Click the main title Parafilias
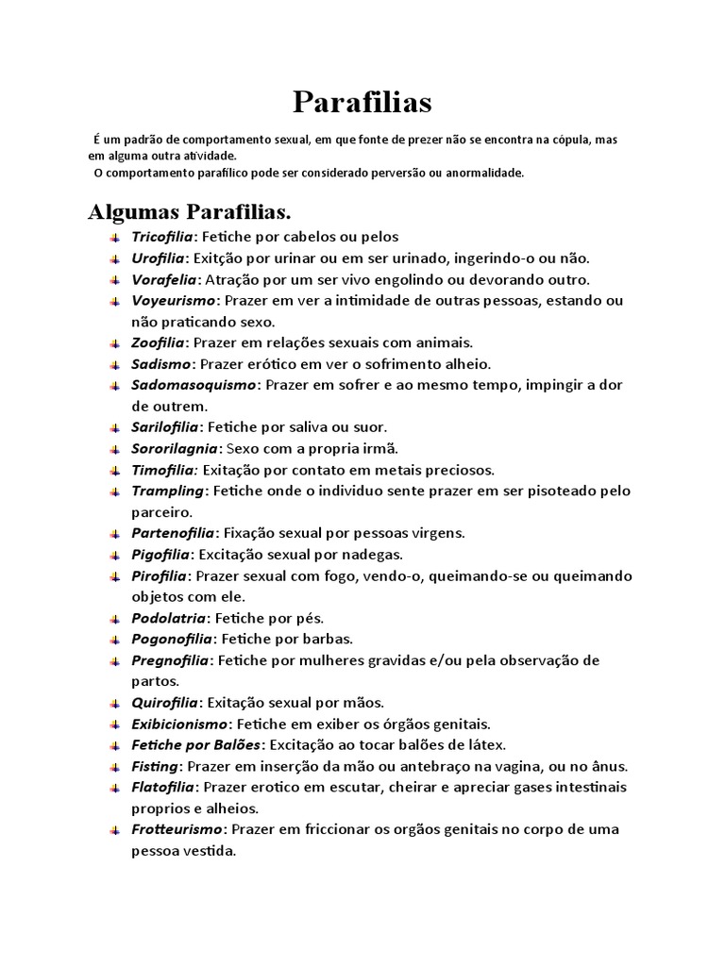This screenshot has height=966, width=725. (x=362, y=101)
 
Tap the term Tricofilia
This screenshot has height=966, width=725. (x=162, y=237)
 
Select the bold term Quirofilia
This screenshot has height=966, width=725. (x=164, y=703)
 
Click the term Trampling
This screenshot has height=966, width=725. (x=168, y=491)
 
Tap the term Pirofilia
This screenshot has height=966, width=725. (x=159, y=575)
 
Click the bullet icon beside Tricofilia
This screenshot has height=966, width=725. (x=113, y=237)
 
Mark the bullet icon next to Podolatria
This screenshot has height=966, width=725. (x=113, y=619)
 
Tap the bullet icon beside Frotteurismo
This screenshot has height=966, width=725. (x=113, y=830)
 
